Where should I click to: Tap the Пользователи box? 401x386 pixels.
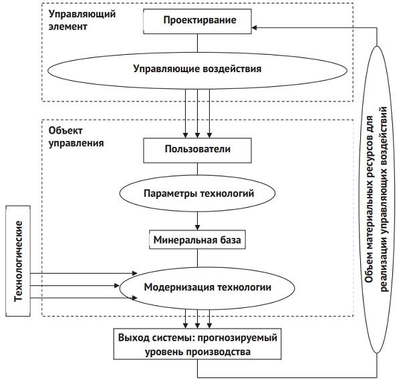tap(196, 149)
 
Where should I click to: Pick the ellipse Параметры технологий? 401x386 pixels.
tap(196, 194)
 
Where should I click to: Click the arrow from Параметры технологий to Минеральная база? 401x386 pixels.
tap(196, 221)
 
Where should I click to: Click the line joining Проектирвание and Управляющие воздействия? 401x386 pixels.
tap(196, 41)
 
